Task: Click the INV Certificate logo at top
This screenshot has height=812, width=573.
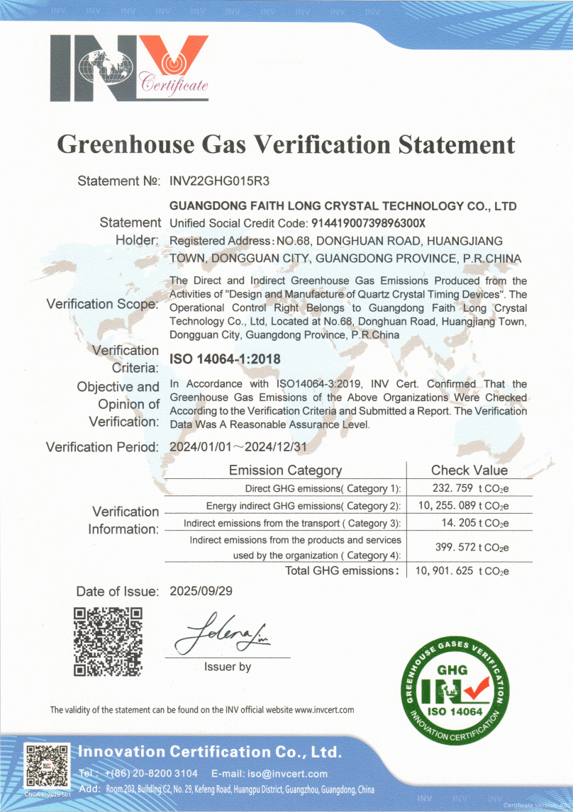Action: coord(129,67)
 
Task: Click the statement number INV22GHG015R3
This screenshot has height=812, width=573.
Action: coord(220,181)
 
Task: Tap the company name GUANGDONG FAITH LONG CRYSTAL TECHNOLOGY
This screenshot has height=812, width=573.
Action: coord(343,206)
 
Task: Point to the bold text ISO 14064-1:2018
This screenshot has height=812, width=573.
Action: coord(225,359)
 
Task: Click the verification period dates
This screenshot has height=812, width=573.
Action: coord(240,447)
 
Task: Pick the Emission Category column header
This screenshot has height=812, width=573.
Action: coord(285,470)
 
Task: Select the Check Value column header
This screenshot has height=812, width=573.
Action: coord(469,470)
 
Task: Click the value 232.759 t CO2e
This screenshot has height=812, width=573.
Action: coord(470,488)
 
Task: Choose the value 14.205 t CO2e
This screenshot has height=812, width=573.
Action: coord(473,524)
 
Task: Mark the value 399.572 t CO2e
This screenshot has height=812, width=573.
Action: coord(471,548)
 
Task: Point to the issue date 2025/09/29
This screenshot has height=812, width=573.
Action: coord(201,591)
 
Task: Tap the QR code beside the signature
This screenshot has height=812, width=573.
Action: coord(109,641)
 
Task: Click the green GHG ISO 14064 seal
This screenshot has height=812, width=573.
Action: coord(452,688)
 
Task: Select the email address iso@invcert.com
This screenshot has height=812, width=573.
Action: coord(292,774)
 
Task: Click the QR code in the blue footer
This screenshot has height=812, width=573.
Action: coord(47,767)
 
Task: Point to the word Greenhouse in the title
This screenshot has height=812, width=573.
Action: coord(124,145)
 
